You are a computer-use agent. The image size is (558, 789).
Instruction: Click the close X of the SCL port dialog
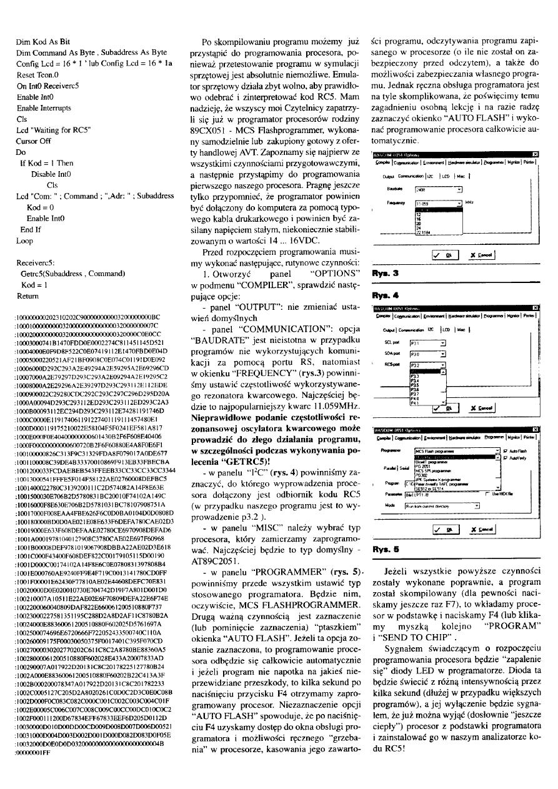pyautogui.click(x=534, y=308)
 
